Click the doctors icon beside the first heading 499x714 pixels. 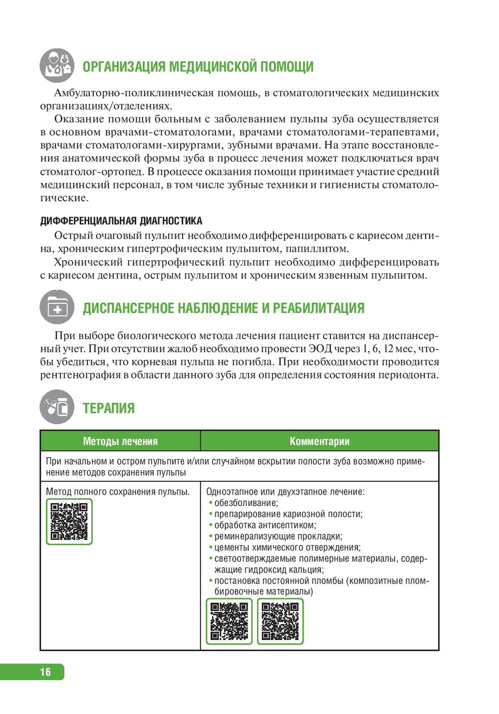(x=57, y=65)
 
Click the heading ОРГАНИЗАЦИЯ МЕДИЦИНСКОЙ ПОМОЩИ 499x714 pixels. (x=198, y=67)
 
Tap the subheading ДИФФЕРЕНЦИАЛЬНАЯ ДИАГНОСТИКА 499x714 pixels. (x=121, y=221)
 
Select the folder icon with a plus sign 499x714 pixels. (x=57, y=307)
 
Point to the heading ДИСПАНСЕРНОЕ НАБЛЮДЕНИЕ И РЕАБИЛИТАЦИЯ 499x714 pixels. (x=223, y=308)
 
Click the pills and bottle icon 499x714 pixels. (x=57, y=407)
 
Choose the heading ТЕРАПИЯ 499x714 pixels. (x=108, y=408)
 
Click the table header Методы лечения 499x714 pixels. (x=120, y=441)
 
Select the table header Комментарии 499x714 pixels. (x=319, y=441)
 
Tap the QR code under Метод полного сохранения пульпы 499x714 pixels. (x=69, y=522)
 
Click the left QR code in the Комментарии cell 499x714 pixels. (x=229, y=621)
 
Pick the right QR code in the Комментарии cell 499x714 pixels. (x=280, y=621)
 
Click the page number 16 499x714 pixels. (x=45, y=672)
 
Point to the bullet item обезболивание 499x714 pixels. (x=246, y=503)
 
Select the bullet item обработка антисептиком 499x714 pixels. (x=265, y=525)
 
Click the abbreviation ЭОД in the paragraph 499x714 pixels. (x=320, y=349)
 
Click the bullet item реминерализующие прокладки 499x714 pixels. (x=278, y=536)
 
